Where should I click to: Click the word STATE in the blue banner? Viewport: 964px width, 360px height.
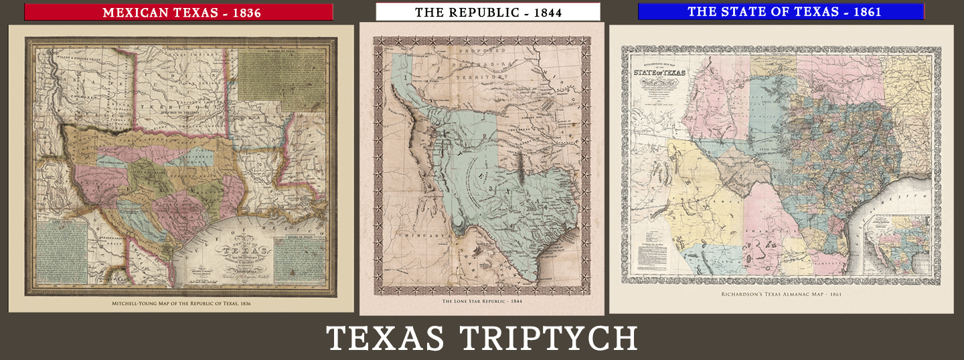coord(752,11)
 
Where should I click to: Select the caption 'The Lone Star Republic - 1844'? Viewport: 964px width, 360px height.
coord(481,302)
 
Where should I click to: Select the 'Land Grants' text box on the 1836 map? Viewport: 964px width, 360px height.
coord(62,254)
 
